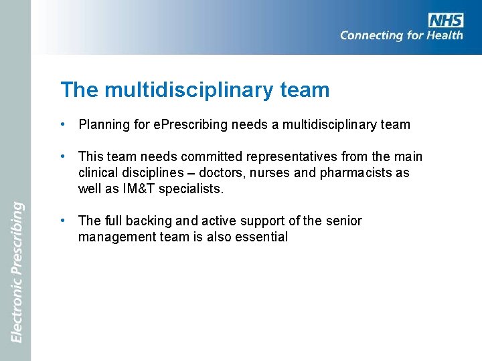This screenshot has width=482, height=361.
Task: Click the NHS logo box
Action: (x=446, y=20)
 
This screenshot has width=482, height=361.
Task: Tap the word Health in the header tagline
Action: (x=444, y=35)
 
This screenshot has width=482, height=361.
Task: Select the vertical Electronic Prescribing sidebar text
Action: (x=17, y=272)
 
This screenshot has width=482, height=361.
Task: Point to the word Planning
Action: (x=101, y=124)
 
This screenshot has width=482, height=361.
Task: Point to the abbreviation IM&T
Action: (x=139, y=189)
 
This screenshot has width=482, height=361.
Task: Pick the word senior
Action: (x=345, y=221)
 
